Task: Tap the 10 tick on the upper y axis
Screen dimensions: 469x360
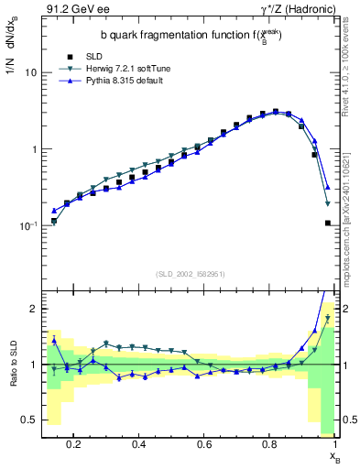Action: [31, 72]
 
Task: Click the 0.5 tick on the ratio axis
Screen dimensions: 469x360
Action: [28, 420]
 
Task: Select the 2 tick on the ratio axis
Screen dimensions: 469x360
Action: [33, 309]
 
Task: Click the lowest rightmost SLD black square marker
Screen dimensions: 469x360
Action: [328, 223]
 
